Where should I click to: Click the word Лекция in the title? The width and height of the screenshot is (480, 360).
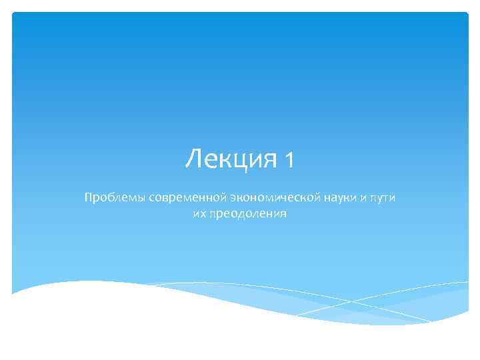[x=231, y=159]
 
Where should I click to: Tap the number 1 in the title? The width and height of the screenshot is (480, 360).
[x=288, y=160]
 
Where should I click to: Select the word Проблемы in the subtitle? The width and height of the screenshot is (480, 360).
[x=109, y=198]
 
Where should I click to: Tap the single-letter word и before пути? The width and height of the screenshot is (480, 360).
[x=358, y=198]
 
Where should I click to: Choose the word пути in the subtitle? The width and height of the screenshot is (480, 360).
[x=381, y=198]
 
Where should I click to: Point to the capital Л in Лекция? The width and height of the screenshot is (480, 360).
[x=193, y=159]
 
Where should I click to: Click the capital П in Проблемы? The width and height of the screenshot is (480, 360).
[x=87, y=197]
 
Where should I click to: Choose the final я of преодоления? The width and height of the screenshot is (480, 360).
[x=283, y=214]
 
